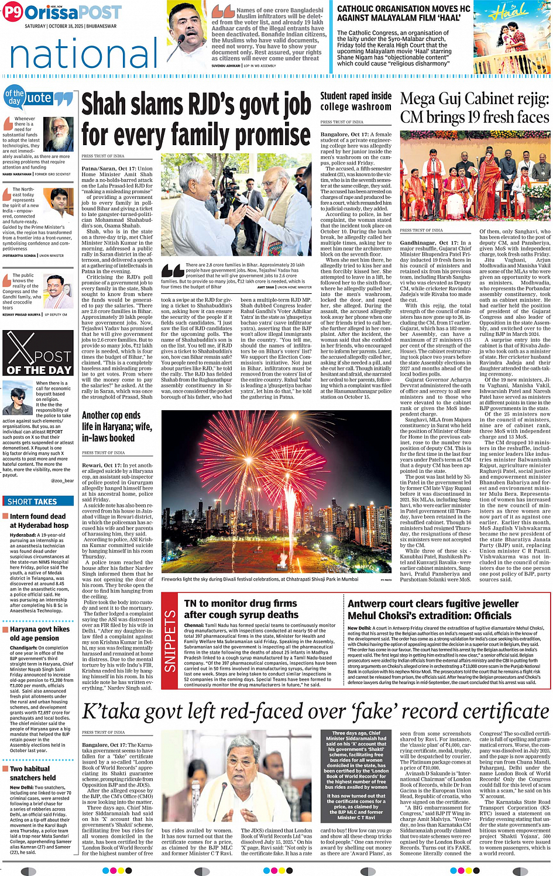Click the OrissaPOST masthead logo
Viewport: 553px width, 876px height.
[x=61, y=13]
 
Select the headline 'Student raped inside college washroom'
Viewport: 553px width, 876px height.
[x=356, y=101]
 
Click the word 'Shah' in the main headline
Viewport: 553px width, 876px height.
[x=105, y=105]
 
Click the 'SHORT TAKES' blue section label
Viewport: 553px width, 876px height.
[x=32, y=501]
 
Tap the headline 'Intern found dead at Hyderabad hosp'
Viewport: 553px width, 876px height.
[x=38, y=521]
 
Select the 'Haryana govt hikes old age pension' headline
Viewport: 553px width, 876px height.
[x=39, y=634]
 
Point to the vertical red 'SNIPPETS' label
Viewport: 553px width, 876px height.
[x=170, y=641]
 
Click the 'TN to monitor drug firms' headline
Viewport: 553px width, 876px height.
[x=241, y=609]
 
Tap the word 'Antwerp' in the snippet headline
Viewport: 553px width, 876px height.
[x=368, y=603]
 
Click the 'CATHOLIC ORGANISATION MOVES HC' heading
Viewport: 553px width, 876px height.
[x=404, y=13]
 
